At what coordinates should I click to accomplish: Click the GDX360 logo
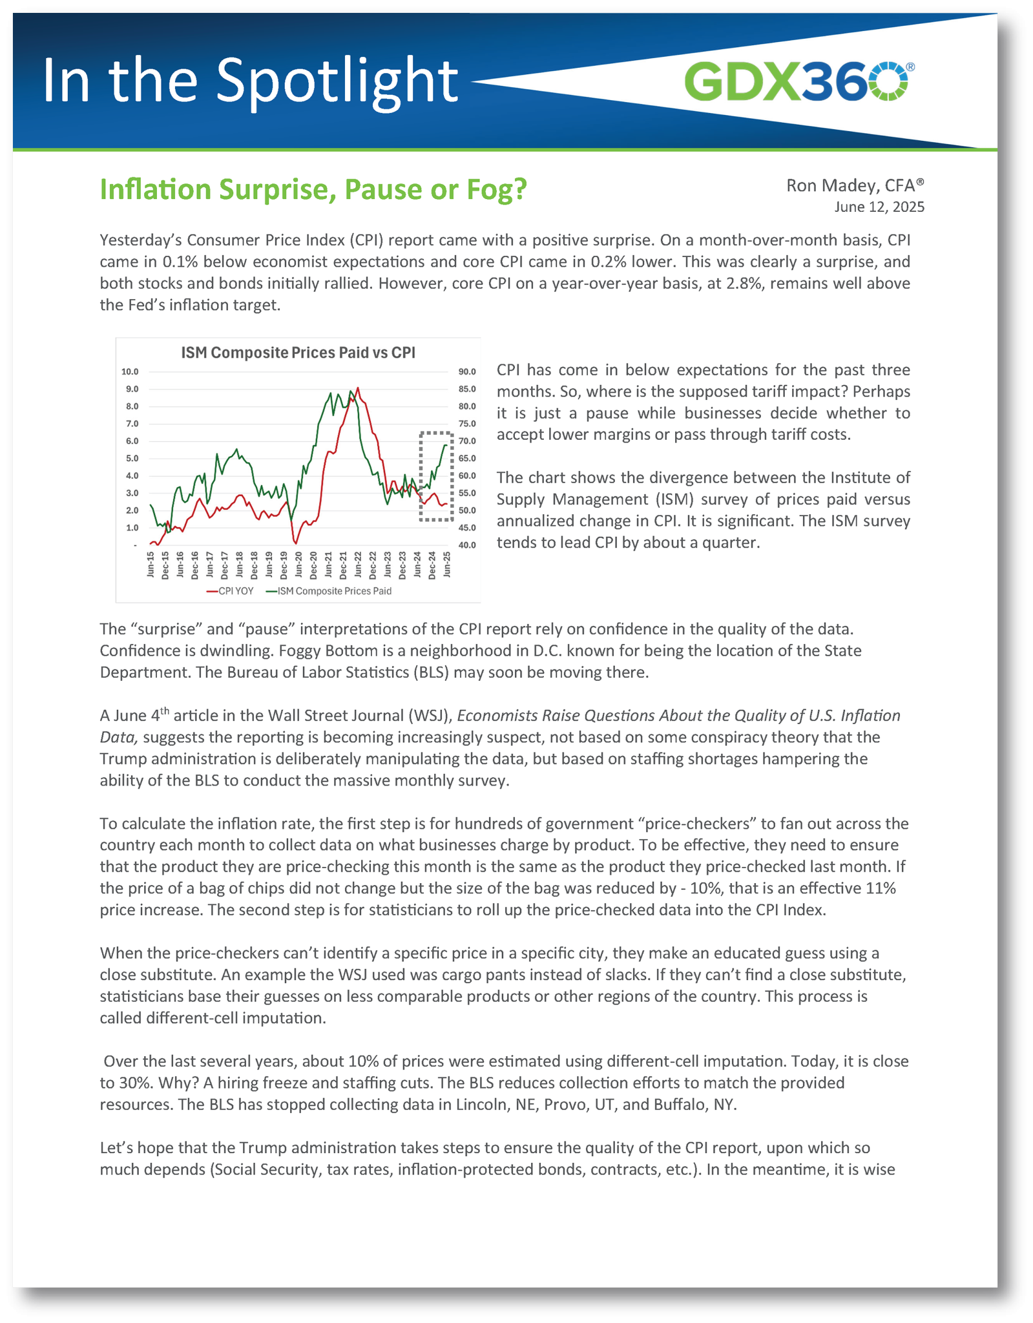(x=796, y=81)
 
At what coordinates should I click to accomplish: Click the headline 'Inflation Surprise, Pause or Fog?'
(x=313, y=189)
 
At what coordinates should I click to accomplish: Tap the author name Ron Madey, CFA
(x=855, y=185)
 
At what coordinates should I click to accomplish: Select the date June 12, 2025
(x=879, y=207)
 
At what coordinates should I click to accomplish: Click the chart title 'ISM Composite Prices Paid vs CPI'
(x=298, y=353)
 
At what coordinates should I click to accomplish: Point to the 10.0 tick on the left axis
(x=130, y=371)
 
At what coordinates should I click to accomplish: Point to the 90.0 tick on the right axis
(x=467, y=371)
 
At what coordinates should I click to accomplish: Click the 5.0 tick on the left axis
(x=131, y=459)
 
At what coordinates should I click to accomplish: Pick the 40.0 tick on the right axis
(x=467, y=545)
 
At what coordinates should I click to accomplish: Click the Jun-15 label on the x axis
(x=151, y=565)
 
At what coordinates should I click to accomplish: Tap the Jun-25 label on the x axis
(x=447, y=565)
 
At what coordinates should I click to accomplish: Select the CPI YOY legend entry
(x=230, y=591)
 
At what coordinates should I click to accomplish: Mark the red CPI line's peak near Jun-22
(x=358, y=388)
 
